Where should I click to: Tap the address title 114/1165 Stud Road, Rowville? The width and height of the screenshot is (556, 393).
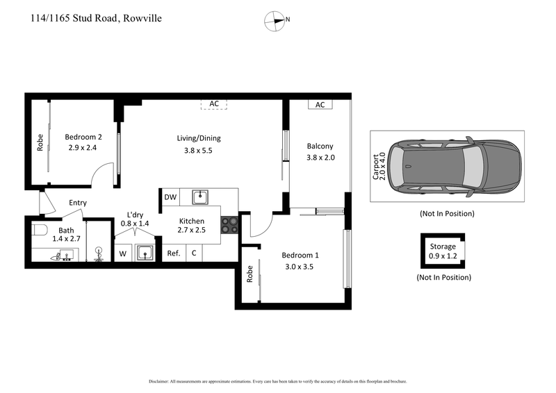pyautogui.click(x=97, y=18)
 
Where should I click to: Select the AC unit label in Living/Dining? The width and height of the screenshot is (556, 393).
pyautogui.click(x=214, y=104)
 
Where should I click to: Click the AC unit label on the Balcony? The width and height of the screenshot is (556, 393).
pyautogui.click(x=320, y=105)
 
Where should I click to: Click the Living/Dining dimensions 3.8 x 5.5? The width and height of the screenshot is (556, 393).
pyautogui.click(x=198, y=150)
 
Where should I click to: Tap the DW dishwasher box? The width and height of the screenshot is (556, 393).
pyautogui.click(x=170, y=197)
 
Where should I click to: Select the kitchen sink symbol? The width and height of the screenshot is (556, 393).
pyautogui.click(x=201, y=197)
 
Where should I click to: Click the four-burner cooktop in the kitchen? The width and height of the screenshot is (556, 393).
pyautogui.click(x=229, y=225)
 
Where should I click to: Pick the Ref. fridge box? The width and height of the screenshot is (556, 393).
pyautogui.click(x=174, y=253)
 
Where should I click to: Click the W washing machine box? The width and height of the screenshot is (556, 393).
pyautogui.click(x=123, y=254)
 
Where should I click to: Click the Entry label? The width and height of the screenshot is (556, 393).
pyautogui.click(x=78, y=203)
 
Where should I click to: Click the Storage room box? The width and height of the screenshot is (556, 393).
pyautogui.click(x=442, y=251)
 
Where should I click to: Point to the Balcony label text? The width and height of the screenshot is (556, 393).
pyautogui.click(x=320, y=146)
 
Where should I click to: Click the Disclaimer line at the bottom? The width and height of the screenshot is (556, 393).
pyautogui.click(x=277, y=381)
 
